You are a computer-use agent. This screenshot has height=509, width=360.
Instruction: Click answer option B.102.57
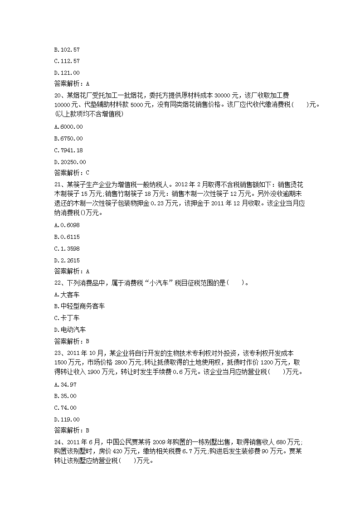(67, 49)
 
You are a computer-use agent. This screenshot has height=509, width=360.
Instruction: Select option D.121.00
(67, 73)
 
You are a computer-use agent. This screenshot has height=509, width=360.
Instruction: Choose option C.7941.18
(68, 150)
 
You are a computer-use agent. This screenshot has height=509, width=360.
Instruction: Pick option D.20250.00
(69, 162)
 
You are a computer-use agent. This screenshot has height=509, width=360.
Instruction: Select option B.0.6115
(67, 237)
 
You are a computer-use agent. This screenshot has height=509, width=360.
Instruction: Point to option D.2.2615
(67, 260)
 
